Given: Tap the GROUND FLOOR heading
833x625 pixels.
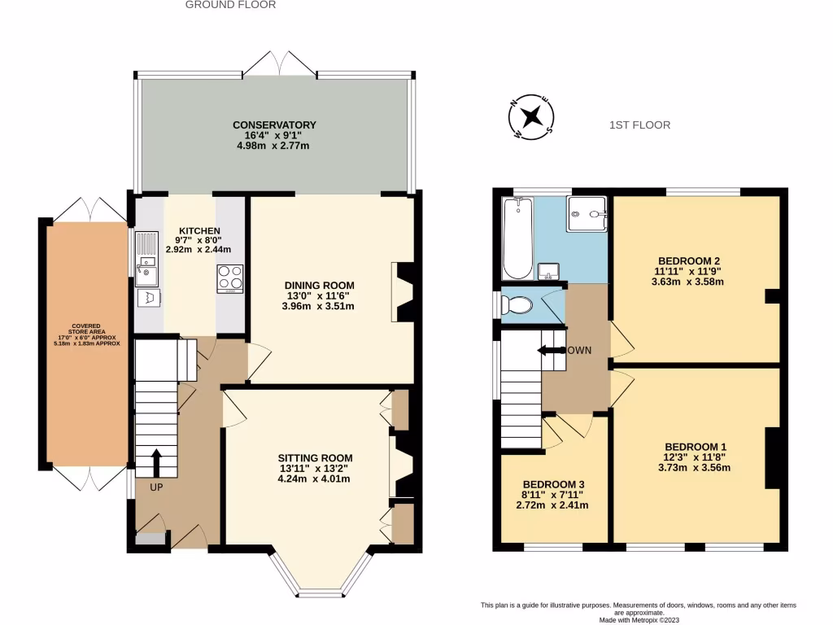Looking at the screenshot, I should click(x=230, y=5).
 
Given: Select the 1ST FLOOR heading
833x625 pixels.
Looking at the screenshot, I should click(x=639, y=125).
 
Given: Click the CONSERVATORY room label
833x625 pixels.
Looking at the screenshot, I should click(x=274, y=125).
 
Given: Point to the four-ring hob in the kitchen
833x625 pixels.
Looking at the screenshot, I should click(x=230, y=278).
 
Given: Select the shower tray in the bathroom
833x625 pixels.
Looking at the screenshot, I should click(x=587, y=214).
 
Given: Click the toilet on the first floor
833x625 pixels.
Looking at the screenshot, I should click(x=517, y=306).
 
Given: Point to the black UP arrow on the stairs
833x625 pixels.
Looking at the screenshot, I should click(x=156, y=461).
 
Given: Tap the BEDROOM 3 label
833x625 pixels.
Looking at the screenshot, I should click(x=554, y=483).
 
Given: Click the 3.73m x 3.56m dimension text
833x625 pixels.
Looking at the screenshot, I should click(x=695, y=468).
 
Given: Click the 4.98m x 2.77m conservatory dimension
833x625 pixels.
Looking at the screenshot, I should click(x=273, y=146).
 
